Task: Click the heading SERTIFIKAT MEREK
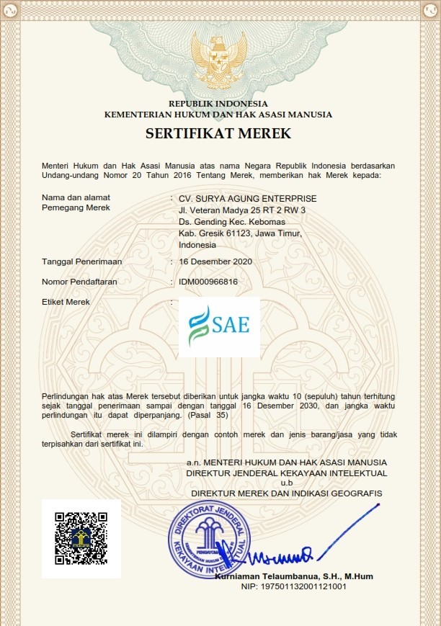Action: point(218,133)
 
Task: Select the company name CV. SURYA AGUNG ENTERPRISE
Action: point(248,198)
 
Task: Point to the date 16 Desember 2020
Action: point(215,261)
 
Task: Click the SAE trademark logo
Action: point(219,326)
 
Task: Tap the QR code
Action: point(81,538)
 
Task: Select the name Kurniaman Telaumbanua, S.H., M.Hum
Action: point(294,576)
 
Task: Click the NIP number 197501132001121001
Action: point(293,586)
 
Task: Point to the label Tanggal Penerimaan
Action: point(81,261)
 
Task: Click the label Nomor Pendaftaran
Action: point(79,282)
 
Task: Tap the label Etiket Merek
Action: point(66,302)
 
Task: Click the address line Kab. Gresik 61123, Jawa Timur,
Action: point(240,233)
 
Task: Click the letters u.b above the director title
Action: point(287,483)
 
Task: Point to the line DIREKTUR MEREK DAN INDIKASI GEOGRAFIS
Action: point(287,492)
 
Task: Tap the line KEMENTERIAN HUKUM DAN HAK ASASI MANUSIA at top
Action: point(218,114)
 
